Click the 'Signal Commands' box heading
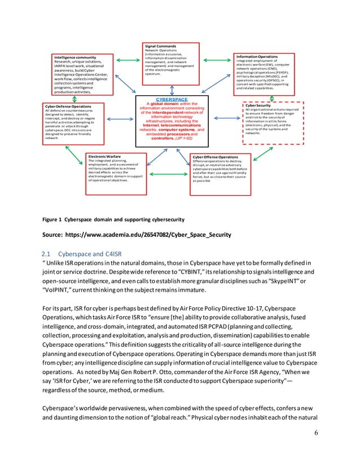click(161, 46)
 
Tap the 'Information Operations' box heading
click(257, 56)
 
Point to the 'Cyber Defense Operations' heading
click(67, 105)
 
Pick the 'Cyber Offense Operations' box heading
click(215, 157)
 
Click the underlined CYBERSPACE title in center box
click(172, 99)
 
